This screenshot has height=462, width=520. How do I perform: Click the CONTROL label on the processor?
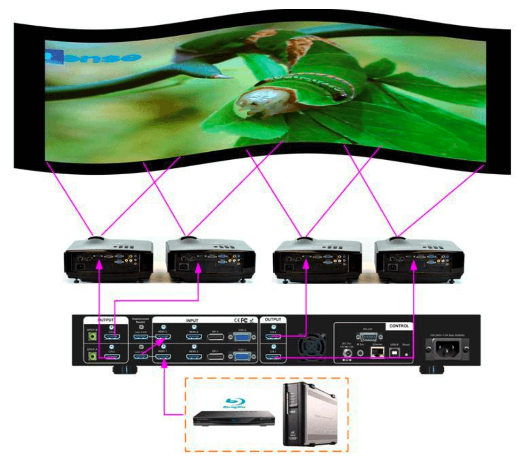(x=399, y=326)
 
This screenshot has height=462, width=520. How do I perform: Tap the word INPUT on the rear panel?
(x=192, y=320)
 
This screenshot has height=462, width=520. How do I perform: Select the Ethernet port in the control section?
(x=377, y=352)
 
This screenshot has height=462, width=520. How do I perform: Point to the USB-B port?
(x=394, y=352)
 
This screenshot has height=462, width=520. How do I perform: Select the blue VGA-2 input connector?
(x=243, y=338)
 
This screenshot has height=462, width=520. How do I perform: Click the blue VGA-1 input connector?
(x=243, y=356)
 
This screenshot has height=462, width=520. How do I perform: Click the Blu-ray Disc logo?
(x=235, y=403)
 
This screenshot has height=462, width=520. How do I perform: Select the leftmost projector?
(x=108, y=259)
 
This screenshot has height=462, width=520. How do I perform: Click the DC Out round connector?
(x=348, y=352)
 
